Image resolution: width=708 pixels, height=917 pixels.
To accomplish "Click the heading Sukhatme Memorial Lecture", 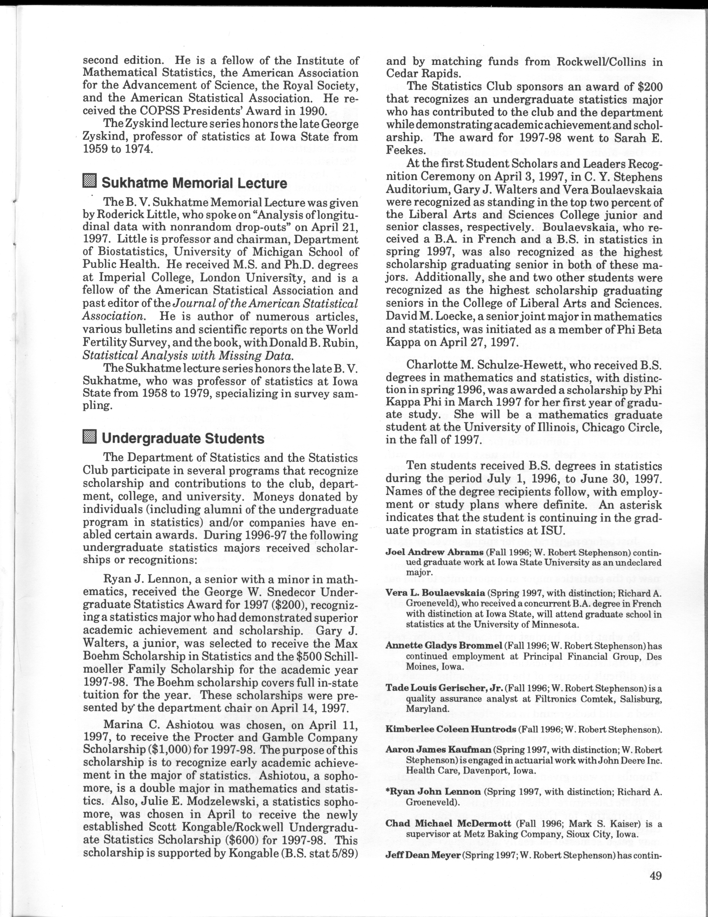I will (194, 183).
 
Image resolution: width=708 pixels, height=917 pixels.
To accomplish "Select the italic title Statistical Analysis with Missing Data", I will (187, 356).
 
